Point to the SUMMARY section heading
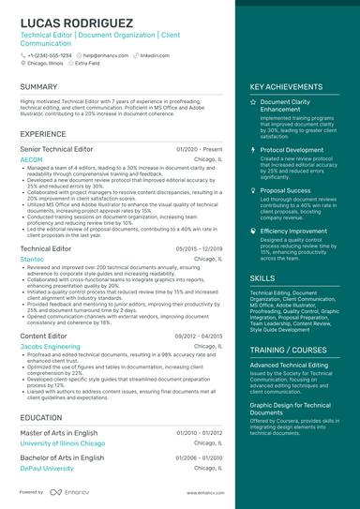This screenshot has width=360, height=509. pos(38,86)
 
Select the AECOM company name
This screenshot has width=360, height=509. pos(31,160)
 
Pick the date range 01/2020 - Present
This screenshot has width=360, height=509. pos(199,149)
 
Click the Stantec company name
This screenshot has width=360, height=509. pos(32,259)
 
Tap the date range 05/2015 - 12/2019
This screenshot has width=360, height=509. pos(199,248)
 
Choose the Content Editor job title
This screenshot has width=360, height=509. pos(43,335)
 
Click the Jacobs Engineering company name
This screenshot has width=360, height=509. pos(50,346)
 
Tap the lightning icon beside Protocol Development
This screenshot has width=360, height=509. pos(254,149)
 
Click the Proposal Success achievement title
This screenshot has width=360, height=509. pos(286,189)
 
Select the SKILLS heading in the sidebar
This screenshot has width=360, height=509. pos(262,278)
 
